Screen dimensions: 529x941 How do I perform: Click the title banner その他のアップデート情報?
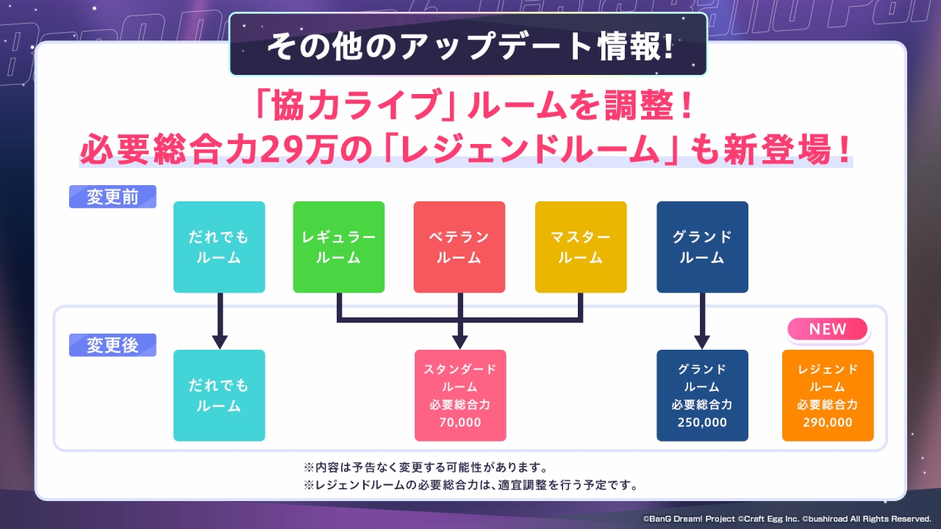click(x=468, y=46)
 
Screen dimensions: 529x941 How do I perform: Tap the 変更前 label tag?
click(x=112, y=197)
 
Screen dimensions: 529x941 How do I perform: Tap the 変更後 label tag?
click(x=112, y=345)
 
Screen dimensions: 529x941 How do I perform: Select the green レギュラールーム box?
click(x=338, y=247)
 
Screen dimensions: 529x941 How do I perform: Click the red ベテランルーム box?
click(x=459, y=247)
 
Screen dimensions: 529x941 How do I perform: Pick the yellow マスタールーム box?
click(x=581, y=247)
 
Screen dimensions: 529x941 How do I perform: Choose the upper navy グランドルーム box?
click(x=702, y=247)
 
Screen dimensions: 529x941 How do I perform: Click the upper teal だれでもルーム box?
click(x=219, y=247)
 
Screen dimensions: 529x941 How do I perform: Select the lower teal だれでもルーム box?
click(x=219, y=395)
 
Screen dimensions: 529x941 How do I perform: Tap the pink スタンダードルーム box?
click(x=460, y=395)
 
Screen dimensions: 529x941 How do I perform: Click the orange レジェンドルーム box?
click(x=828, y=395)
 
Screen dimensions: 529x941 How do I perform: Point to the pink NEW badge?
click(x=828, y=330)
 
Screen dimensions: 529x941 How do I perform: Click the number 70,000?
click(x=460, y=422)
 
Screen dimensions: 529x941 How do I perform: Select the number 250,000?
click(x=702, y=422)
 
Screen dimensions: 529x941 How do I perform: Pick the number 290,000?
click(x=828, y=422)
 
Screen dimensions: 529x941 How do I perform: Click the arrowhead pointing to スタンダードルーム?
click(x=460, y=342)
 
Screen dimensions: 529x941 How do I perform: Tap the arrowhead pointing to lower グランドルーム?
click(x=702, y=342)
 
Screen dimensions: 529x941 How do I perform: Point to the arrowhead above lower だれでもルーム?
click(x=219, y=342)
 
